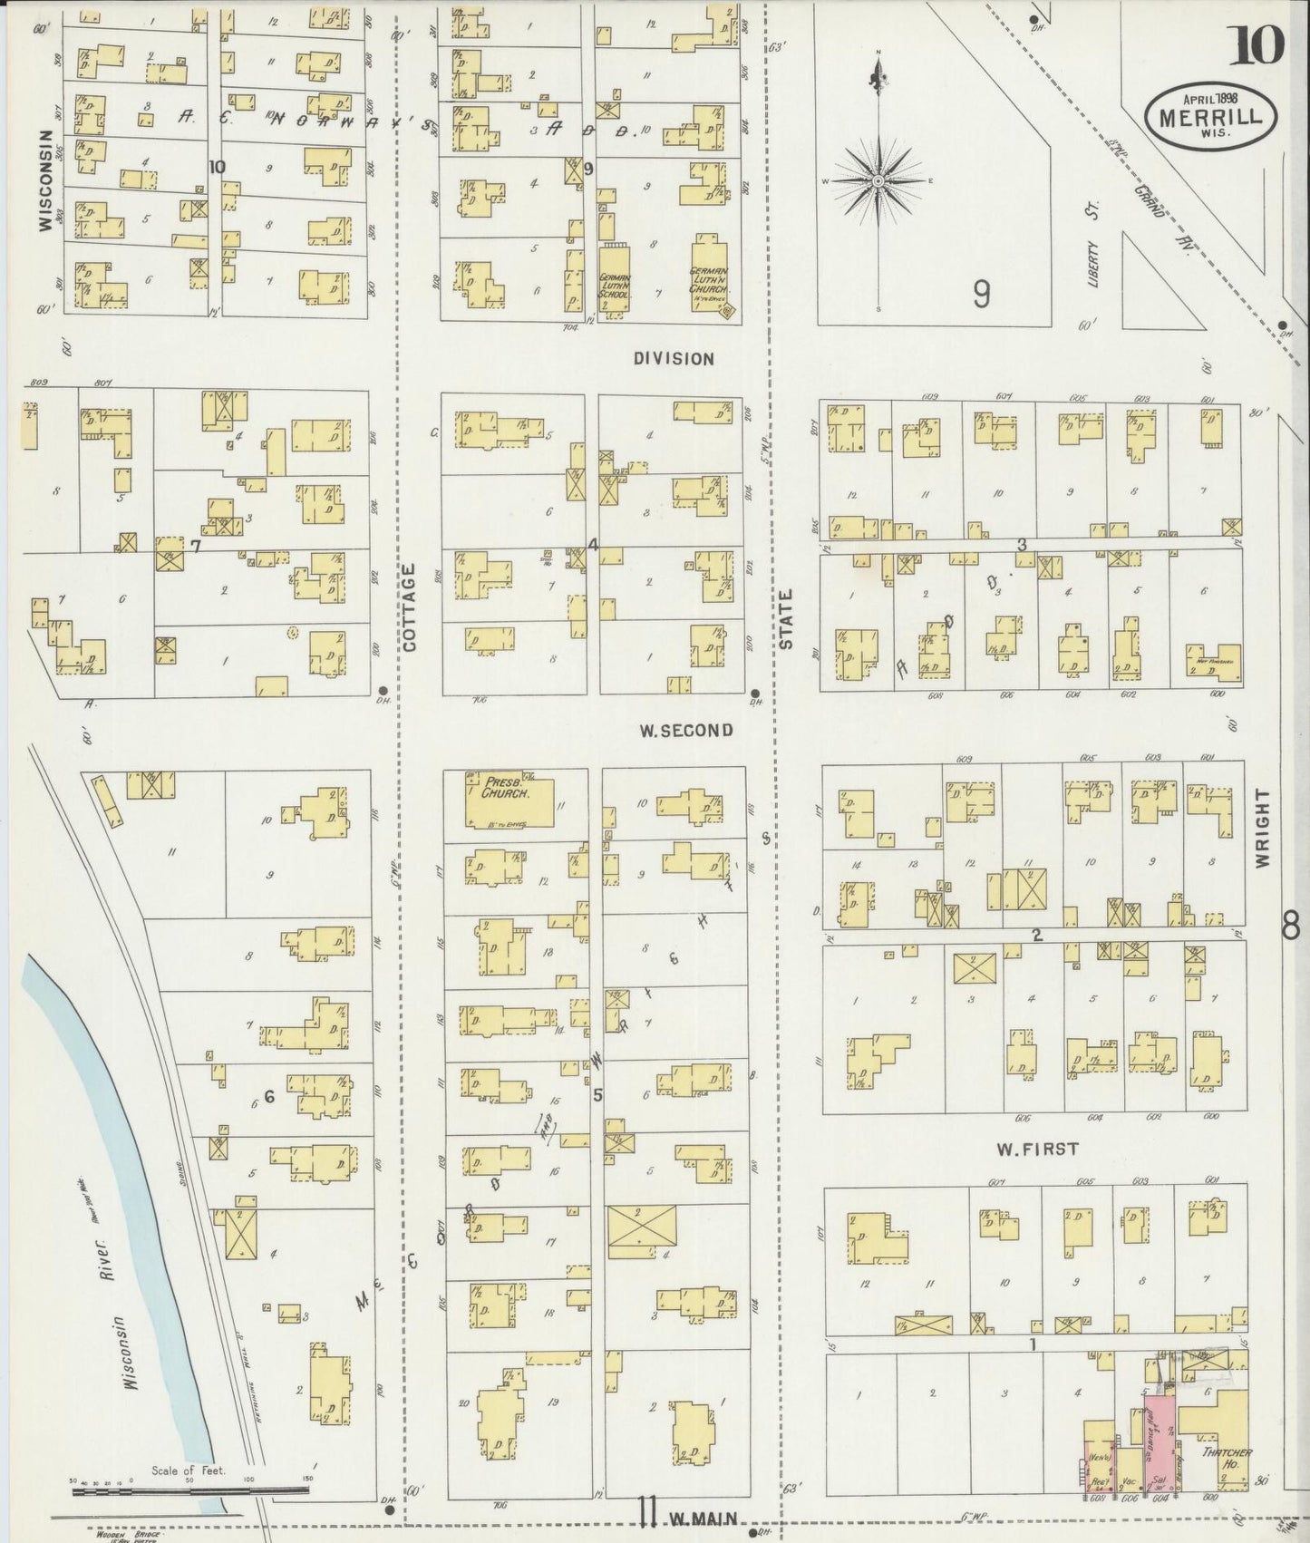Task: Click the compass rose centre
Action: pyautogui.click(x=878, y=182)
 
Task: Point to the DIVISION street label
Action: pyautogui.click(x=674, y=359)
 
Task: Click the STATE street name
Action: pyautogui.click(x=785, y=619)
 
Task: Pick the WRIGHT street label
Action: pyautogui.click(x=1263, y=829)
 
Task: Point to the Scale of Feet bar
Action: pyautogui.click(x=190, y=1489)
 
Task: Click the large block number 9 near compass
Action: pyautogui.click(x=981, y=294)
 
